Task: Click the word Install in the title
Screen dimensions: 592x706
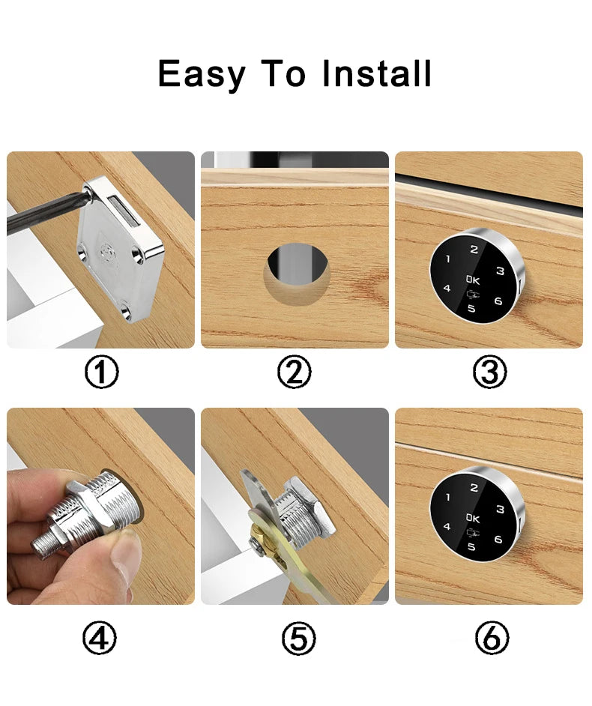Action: (377, 73)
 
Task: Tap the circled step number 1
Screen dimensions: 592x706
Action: (102, 372)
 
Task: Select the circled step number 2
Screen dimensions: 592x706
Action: (294, 372)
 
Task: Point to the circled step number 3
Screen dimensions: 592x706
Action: (490, 372)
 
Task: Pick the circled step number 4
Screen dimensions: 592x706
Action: (100, 638)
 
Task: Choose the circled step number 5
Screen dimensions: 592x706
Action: (299, 638)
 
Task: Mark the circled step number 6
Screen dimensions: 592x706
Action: (492, 638)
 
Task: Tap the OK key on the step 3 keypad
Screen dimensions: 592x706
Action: (473, 280)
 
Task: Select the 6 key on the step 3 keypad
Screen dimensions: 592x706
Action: (498, 301)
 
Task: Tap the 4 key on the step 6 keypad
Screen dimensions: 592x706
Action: (447, 526)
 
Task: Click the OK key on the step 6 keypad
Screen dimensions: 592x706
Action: (473, 518)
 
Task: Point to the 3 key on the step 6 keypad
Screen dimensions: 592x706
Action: (500, 509)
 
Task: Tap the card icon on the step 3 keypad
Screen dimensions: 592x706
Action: (473, 296)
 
